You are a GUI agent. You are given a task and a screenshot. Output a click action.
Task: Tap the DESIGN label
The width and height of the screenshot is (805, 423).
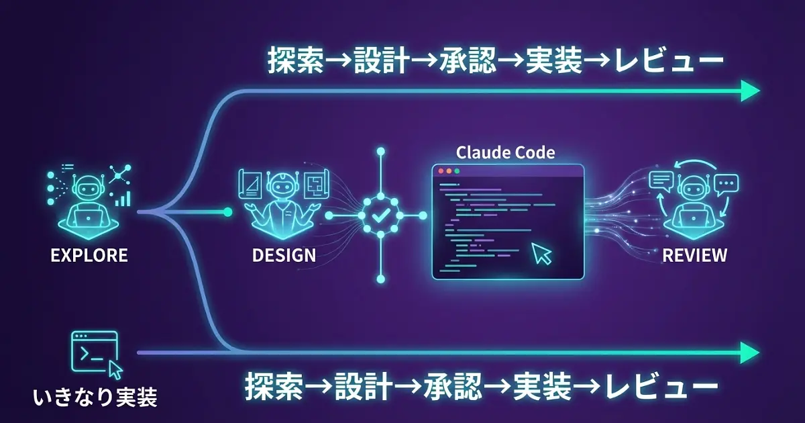tap(284, 256)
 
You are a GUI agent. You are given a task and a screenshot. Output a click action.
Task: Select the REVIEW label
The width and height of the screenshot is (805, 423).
tap(694, 256)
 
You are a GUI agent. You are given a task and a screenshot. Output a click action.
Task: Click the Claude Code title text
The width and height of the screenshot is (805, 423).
tap(505, 152)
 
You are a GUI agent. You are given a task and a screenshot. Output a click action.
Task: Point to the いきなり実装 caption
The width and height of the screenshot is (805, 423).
tap(95, 398)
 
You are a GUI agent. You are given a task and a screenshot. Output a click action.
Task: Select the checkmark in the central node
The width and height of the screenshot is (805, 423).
tap(380, 216)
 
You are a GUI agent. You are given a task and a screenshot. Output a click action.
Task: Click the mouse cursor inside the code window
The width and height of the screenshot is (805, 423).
tap(540, 253)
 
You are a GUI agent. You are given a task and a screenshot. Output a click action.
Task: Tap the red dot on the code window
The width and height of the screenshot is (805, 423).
tap(441, 171)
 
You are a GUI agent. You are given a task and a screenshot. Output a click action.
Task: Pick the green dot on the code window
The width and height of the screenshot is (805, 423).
tap(457, 171)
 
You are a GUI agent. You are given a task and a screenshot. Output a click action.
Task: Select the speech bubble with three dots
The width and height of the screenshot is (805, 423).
tap(726, 182)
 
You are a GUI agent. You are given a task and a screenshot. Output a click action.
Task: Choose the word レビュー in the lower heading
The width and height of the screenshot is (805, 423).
tap(661, 387)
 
